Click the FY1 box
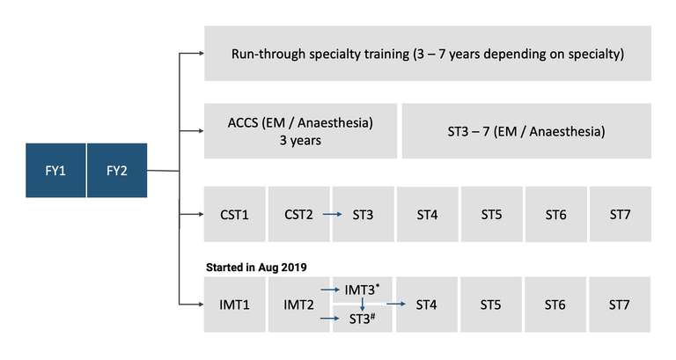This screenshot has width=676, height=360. pyautogui.click(x=55, y=170)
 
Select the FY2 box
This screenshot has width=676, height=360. pyautogui.click(x=117, y=170)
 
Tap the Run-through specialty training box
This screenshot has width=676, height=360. pyautogui.click(x=428, y=54)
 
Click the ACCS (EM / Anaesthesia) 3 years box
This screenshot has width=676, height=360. pyautogui.click(x=300, y=131)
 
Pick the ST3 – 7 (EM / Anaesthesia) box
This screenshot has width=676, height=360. pyautogui.click(x=526, y=131)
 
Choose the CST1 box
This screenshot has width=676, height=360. pyautogui.click(x=234, y=214)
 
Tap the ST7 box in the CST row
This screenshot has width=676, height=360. pyautogui.click(x=621, y=214)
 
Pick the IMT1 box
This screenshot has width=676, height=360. pyautogui.click(x=234, y=305)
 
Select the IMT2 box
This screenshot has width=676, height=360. pyautogui.click(x=298, y=305)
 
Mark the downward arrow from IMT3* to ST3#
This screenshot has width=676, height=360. pyautogui.click(x=362, y=305)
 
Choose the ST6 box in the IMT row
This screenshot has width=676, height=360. pyautogui.click(x=556, y=305)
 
